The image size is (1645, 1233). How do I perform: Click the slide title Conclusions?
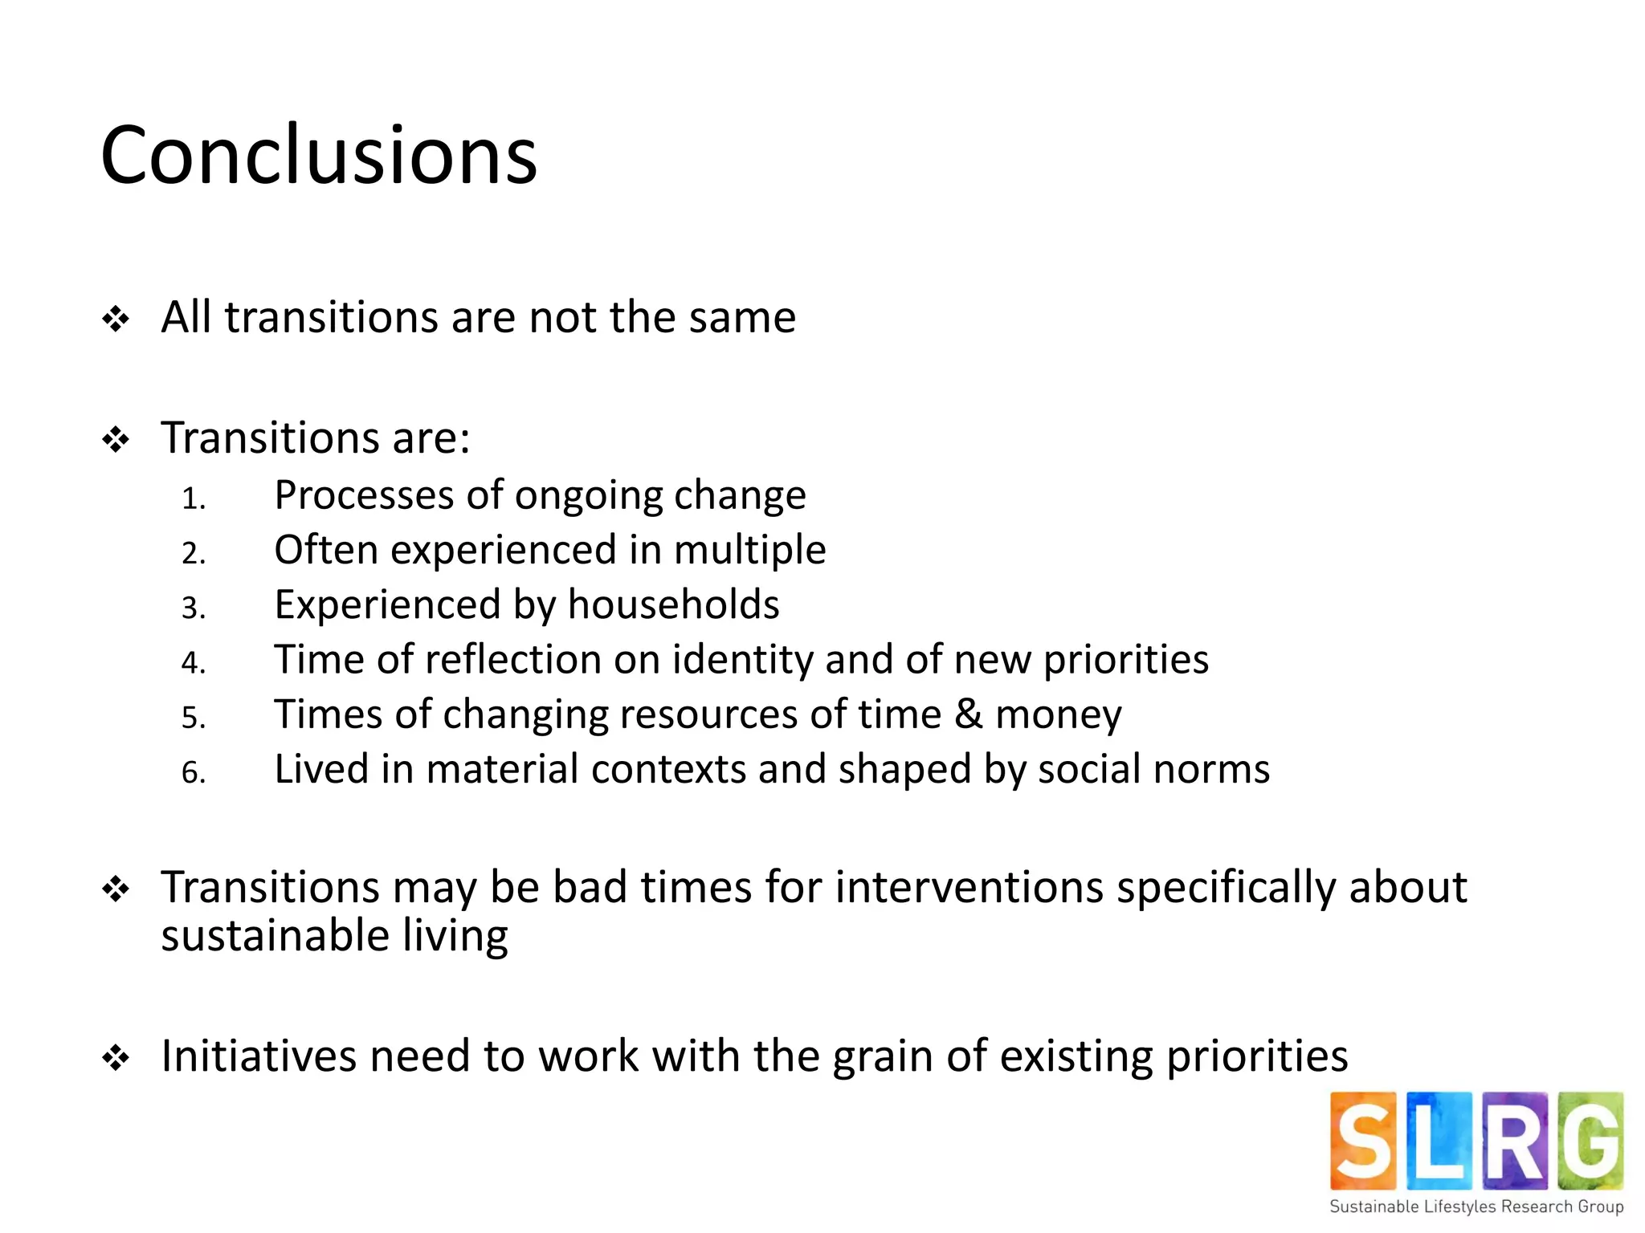tap(319, 155)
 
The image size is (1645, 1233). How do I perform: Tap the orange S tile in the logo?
tap(1363, 1140)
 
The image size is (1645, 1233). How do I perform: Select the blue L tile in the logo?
tap(1439, 1140)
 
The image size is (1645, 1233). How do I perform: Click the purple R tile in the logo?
tap(1515, 1140)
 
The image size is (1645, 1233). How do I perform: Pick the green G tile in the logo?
tap(1590, 1140)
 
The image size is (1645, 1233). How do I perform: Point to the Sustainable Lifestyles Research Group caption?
tap(1476, 1207)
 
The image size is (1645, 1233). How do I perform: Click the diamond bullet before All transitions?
tap(116, 319)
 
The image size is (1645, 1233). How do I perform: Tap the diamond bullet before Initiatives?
tap(116, 1058)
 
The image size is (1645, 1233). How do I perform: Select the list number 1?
tap(193, 499)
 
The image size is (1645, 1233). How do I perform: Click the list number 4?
tap(193, 663)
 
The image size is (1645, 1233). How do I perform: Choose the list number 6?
tap(193, 773)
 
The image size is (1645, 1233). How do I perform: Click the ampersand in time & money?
tap(969, 714)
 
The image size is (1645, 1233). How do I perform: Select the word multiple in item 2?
tap(749, 551)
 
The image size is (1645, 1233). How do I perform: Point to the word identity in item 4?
tap(742, 661)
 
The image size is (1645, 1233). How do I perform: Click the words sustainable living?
tap(334, 936)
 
